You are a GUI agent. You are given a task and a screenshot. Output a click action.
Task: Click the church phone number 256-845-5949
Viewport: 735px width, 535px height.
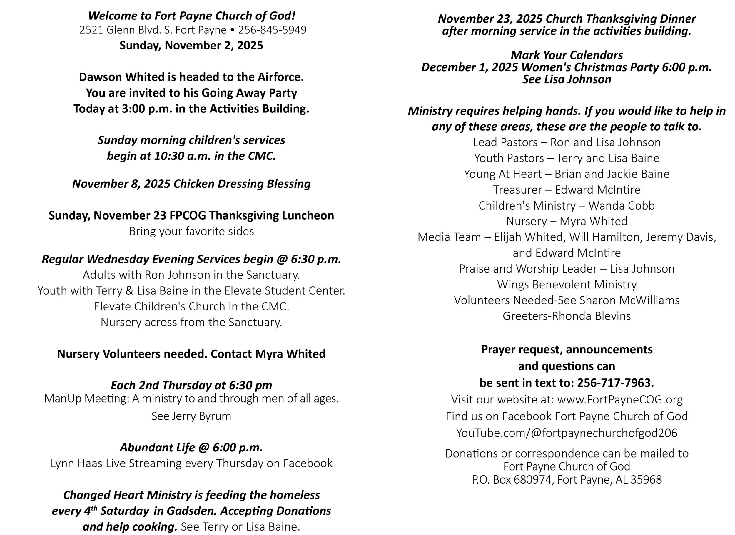(272, 30)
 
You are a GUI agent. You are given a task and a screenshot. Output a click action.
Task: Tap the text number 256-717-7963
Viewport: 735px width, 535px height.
(615, 383)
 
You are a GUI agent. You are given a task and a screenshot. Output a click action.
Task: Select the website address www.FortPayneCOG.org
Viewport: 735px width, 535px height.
(620, 399)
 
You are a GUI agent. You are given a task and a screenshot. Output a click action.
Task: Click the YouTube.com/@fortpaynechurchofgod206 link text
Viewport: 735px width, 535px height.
(567, 433)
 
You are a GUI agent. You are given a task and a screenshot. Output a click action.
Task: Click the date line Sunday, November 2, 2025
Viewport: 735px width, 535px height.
(191, 45)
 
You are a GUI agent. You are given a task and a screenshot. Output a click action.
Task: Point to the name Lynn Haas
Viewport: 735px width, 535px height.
(76, 463)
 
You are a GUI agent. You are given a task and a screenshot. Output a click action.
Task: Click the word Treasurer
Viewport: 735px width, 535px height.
(517, 190)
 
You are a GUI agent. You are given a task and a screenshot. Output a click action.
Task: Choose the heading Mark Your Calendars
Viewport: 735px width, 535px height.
(567, 55)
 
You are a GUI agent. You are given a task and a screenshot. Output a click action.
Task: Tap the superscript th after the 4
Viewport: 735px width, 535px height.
(94, 508)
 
